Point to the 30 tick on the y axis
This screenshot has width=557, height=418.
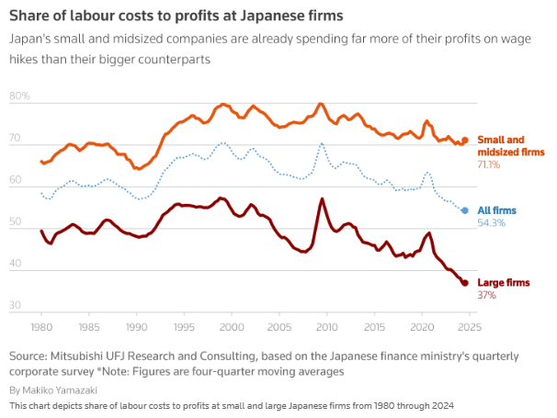pyautogui.click(x=16, y=305)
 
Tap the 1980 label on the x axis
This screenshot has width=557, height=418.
pyautogui.click(x=40, y=326)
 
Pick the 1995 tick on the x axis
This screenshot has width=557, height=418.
pyautogui.click(x=184, y=326)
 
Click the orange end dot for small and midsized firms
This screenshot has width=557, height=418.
pyautogui.click(x=465, y=141)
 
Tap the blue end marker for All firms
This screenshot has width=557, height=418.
pyautogui.click(x=465, y=210)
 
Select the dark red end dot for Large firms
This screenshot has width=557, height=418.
pyautogui.click(x=465, y=283)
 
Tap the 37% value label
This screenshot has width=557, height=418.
pyautogui.click(x=487, y=296)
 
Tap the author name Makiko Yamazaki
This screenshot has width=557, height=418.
pyautogui.click(x=58, y=390)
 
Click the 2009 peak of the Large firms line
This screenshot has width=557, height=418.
pyautogui.click(x=322, y=198)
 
